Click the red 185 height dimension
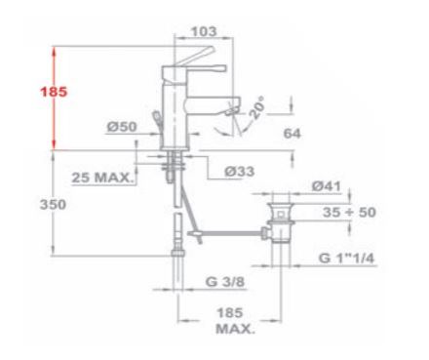coord(54,92)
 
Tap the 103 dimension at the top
coord(204,31)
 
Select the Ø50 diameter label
coord(122,127)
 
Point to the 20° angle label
coord(256,107)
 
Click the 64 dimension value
coord(292,134)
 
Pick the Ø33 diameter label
coord(239,171)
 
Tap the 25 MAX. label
coord(102,178)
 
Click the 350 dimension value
coord(53,205)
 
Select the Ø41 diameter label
coord(327,186)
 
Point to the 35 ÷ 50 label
coord(349,213)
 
